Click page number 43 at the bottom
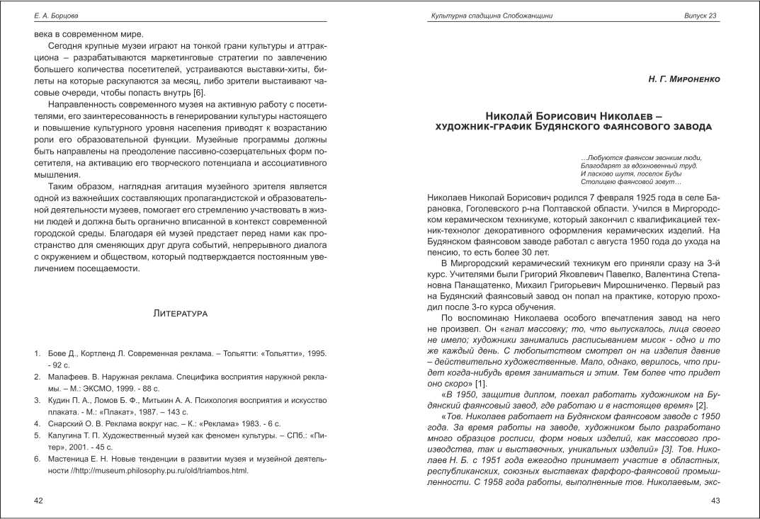[715, 501]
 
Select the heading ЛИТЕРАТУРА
[180, 312]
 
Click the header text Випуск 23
[701, 15]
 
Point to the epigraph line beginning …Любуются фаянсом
[641, 157]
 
